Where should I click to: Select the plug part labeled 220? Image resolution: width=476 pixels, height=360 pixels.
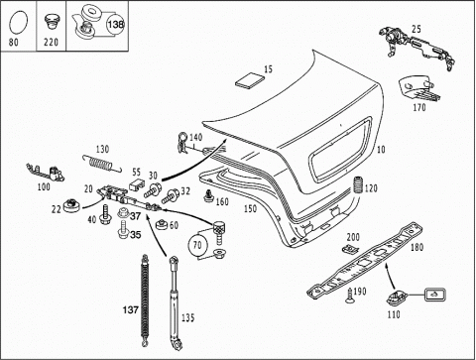[51, 23]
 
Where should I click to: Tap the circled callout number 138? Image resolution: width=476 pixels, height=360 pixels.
[115, 24]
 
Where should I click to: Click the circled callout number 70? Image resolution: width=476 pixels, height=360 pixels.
[197, 245]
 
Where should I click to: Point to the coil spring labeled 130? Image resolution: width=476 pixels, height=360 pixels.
[102, 164]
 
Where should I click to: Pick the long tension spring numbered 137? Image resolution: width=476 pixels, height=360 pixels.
[145, 300]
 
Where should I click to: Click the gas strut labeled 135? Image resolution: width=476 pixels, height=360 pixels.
[175, 302]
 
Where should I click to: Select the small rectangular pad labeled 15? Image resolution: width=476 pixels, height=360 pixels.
[250, 80]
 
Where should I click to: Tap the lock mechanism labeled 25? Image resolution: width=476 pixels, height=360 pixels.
[417, 48]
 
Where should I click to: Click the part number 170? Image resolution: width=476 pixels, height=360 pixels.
[419, 108]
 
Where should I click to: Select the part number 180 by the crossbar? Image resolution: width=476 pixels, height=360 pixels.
[416, 247]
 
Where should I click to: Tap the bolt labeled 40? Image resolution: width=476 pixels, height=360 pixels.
[105, 215]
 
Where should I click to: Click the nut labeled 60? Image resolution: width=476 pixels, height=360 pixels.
[162, 225]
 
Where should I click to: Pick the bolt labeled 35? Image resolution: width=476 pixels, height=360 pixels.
[123, 230]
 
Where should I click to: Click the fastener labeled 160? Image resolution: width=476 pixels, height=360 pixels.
[208, 195]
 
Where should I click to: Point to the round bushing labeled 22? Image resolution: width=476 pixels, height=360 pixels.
[71, 205]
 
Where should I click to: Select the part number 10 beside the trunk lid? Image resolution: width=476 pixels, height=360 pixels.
[381, 150]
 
